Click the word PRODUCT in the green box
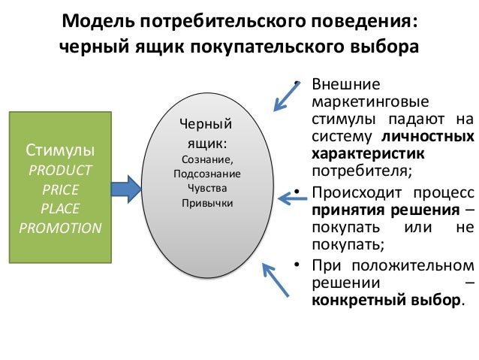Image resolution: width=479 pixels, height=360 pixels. pyautogui.click(x=59, y=168)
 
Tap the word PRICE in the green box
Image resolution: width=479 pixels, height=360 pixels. pyautogui.click(x=59, y=188)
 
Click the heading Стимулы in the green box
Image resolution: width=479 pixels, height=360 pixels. pyautogui.click(x=59, y=147)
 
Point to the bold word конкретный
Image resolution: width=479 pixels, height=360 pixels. pyautogui.click(x=359, y=301)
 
